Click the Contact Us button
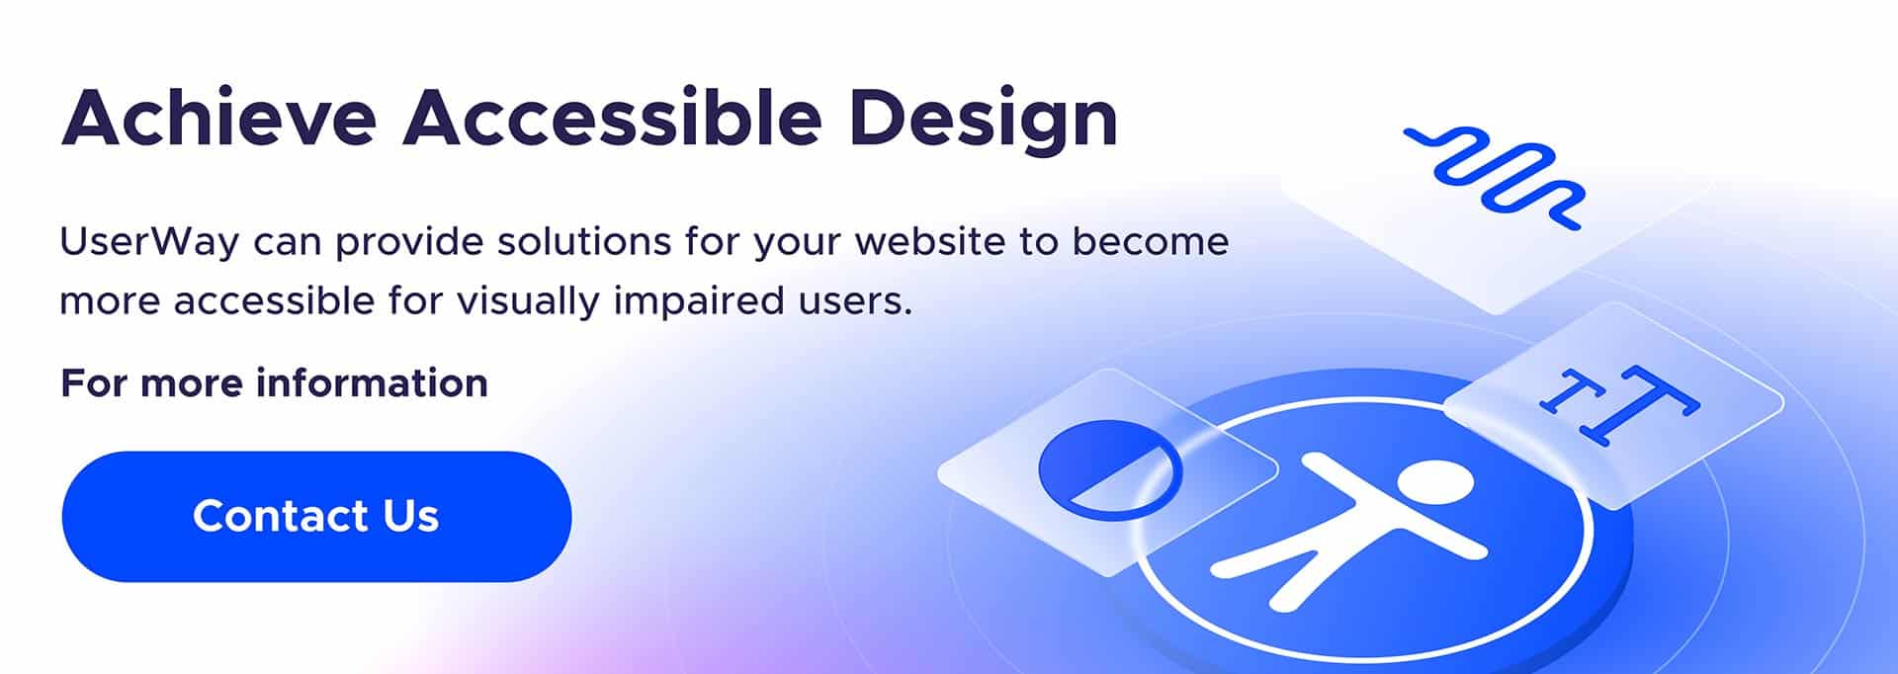click(x=316, y=516)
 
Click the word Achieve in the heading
click(x=218, y=119)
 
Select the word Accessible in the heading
click(x=612, y=119)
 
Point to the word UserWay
click(x=149, y=242)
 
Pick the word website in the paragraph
click(x=929, y=242)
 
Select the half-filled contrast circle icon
click(x=1109, y=469)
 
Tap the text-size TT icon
click(x=1617, y=403)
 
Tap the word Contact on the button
click(x=281, y=516)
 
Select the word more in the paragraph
click(x=109, y=301)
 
